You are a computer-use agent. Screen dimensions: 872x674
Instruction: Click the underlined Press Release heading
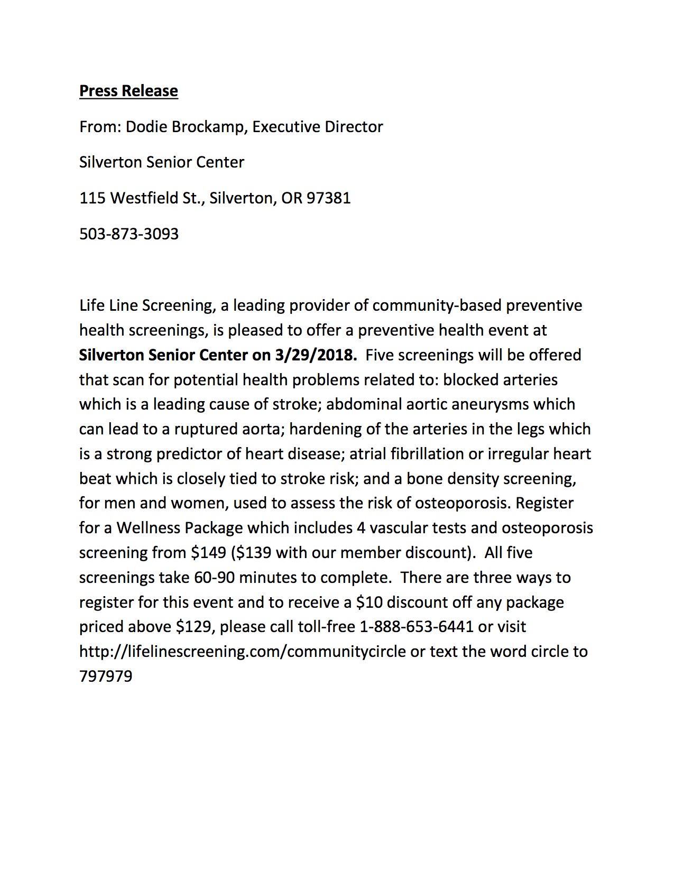coord(128,91)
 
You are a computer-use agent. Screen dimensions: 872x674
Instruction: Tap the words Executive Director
coord(317,127)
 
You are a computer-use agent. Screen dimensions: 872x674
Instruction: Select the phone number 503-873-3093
coord(129,234)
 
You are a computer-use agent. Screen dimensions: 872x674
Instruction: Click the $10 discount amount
coord(369,602)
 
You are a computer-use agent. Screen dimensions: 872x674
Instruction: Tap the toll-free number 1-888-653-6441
coord(416,627)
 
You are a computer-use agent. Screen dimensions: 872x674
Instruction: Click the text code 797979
coord(106,676)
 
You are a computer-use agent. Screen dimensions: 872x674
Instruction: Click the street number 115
coord(92,198)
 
